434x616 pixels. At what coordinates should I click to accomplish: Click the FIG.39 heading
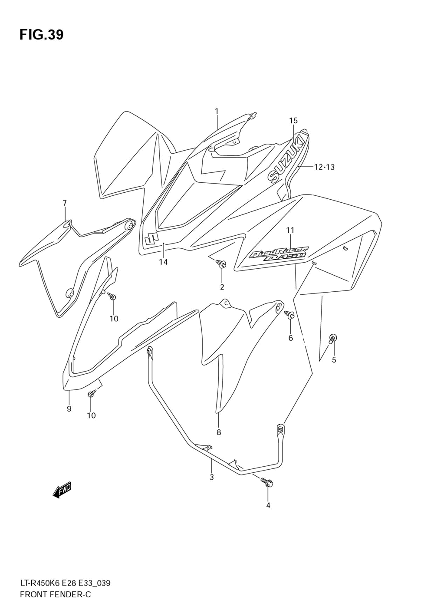pyautogui.click(x=41, y=35)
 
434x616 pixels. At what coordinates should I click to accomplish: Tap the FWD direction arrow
pyautogui.click(x=62, y=490)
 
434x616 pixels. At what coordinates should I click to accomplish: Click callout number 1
pyautogui.click(x=217, y=112)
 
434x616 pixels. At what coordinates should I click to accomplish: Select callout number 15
pyautogui.click(x=293, y=121)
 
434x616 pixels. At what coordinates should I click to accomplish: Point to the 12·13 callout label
pyautogui.click(x=324, y=167)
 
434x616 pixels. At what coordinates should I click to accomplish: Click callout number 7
pyautogui.click(x=65, y=203)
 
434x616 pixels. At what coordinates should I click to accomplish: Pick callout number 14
pyautogui.click(x=163, y=262)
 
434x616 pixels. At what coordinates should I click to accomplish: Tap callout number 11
pyautogui.click(x=290, y=230)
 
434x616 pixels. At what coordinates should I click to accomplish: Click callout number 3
pyautogui.click(x=211, y=478)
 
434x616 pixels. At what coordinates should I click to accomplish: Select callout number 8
pyautogui.click(x=219, y=432)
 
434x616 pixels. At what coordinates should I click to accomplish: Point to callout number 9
pyautogui.click(x=69, y=408)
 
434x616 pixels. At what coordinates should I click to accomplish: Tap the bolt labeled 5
pyautogui.click(x=333, y=338)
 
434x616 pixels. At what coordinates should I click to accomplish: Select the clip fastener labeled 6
pyautogui.click(x=289, y=315)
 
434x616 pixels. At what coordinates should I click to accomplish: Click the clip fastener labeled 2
pyautogui.click(x=222, y=264)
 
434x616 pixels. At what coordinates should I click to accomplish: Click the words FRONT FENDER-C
pyautogui.click(x=55, y=594)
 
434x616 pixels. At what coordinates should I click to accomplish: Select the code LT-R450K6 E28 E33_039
pyautogui.click(x=65, y=583)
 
